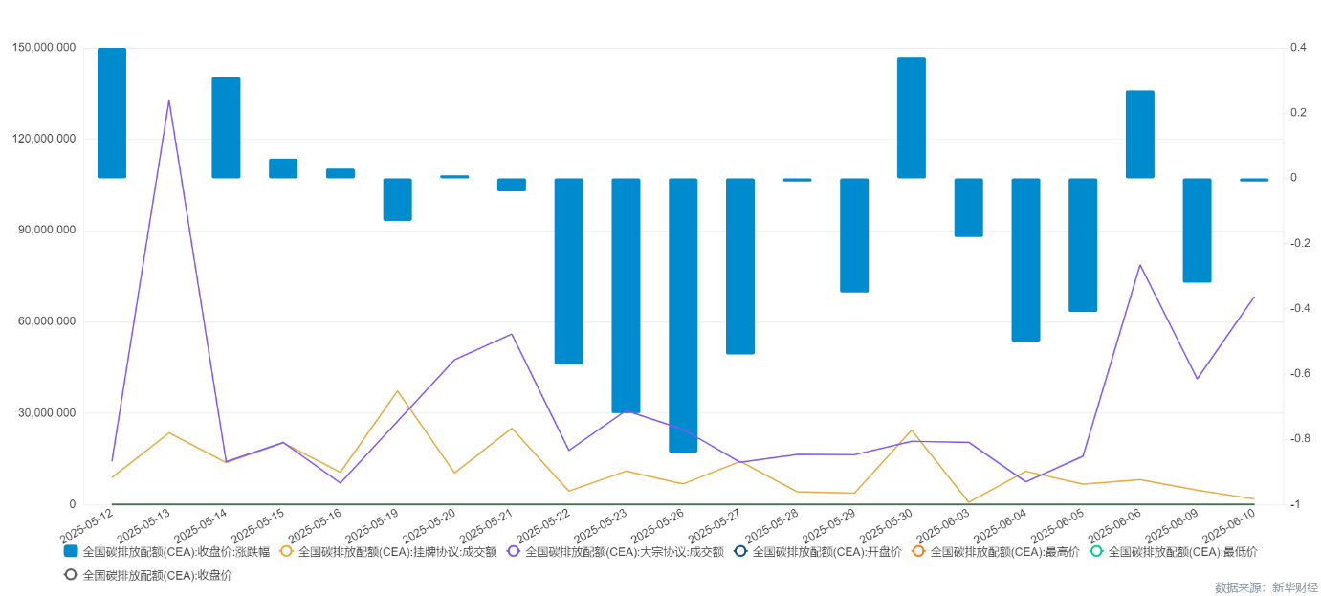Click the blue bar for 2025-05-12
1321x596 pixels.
tap(112, 113)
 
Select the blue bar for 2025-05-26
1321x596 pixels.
tap(683, 315)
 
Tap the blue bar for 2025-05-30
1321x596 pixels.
tap(912, 118)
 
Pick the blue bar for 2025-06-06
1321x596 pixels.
tap(1139, 134)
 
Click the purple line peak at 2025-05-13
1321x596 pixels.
tap(169, 100)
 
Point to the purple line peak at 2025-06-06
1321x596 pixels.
tap(1139, 265)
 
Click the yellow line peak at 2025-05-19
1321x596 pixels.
tap(398, 390)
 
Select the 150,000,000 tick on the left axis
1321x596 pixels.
tap(45, 48)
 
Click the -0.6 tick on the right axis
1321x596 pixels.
tap(1298, 373)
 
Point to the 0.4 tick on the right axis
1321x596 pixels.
tap(1298, 48)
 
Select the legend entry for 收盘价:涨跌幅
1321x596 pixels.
tap(167, 552)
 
